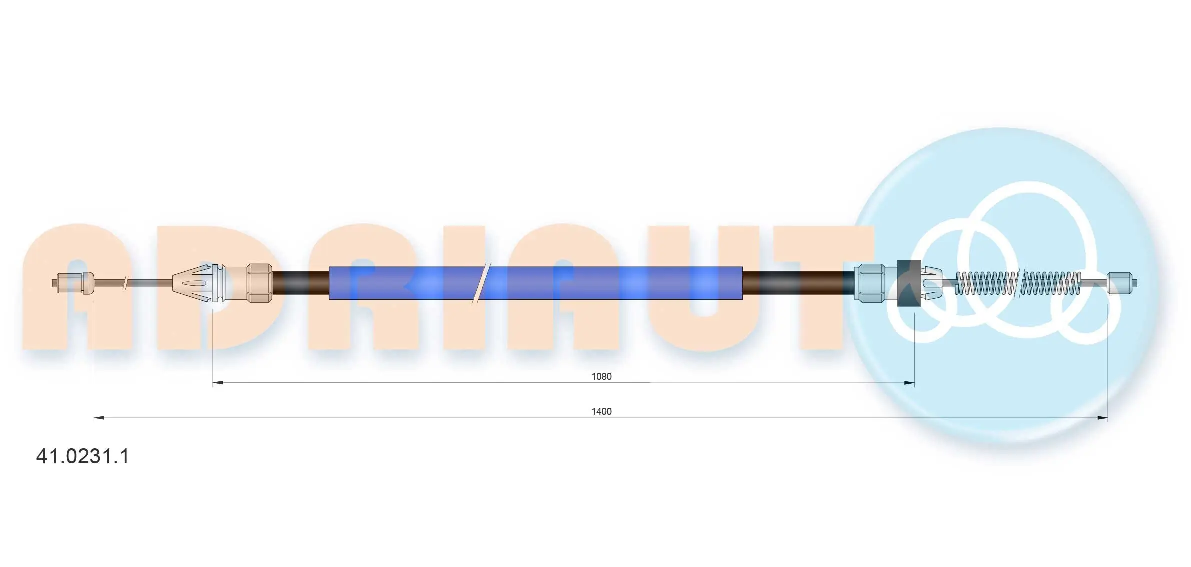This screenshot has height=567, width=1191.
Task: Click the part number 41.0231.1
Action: (83, 456)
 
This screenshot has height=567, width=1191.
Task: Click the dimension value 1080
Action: (601, 376)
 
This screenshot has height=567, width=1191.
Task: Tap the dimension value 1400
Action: (601, 411)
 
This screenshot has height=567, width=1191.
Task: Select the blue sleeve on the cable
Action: (535, 283)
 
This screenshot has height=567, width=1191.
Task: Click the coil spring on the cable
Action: (1018, 283)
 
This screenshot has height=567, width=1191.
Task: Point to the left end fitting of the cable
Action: (73, 283)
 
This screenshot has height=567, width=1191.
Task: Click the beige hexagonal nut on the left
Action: (260, 283)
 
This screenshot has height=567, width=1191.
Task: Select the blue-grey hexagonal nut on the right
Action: (869, 283)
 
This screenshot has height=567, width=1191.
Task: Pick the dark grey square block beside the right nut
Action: (909, 283)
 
